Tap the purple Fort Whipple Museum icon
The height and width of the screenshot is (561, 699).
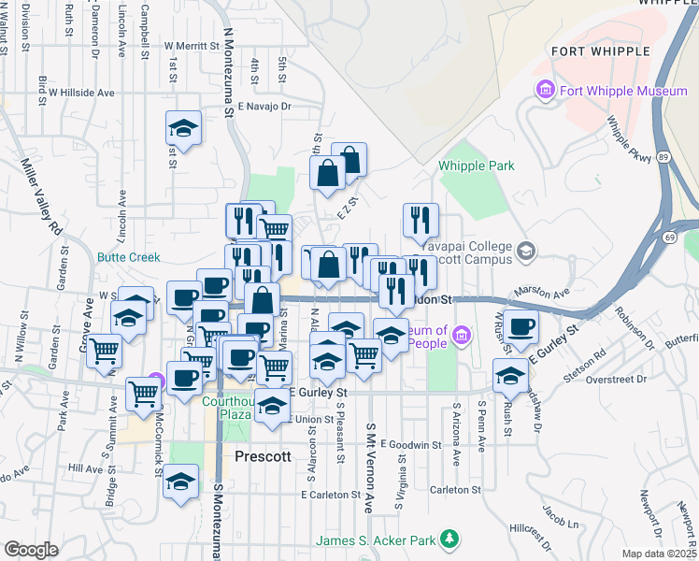[x=544, y=91]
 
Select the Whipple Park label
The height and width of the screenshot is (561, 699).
[x=477, y=165]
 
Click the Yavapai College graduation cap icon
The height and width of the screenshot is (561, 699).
[x=527, y=251]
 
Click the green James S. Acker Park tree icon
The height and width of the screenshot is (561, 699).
[x=450, y=539]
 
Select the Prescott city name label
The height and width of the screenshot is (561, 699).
[x=264, y=457]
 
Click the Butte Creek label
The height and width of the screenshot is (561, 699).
[x=129, y=257]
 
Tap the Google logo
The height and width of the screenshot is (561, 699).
[x=30, y=550]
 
